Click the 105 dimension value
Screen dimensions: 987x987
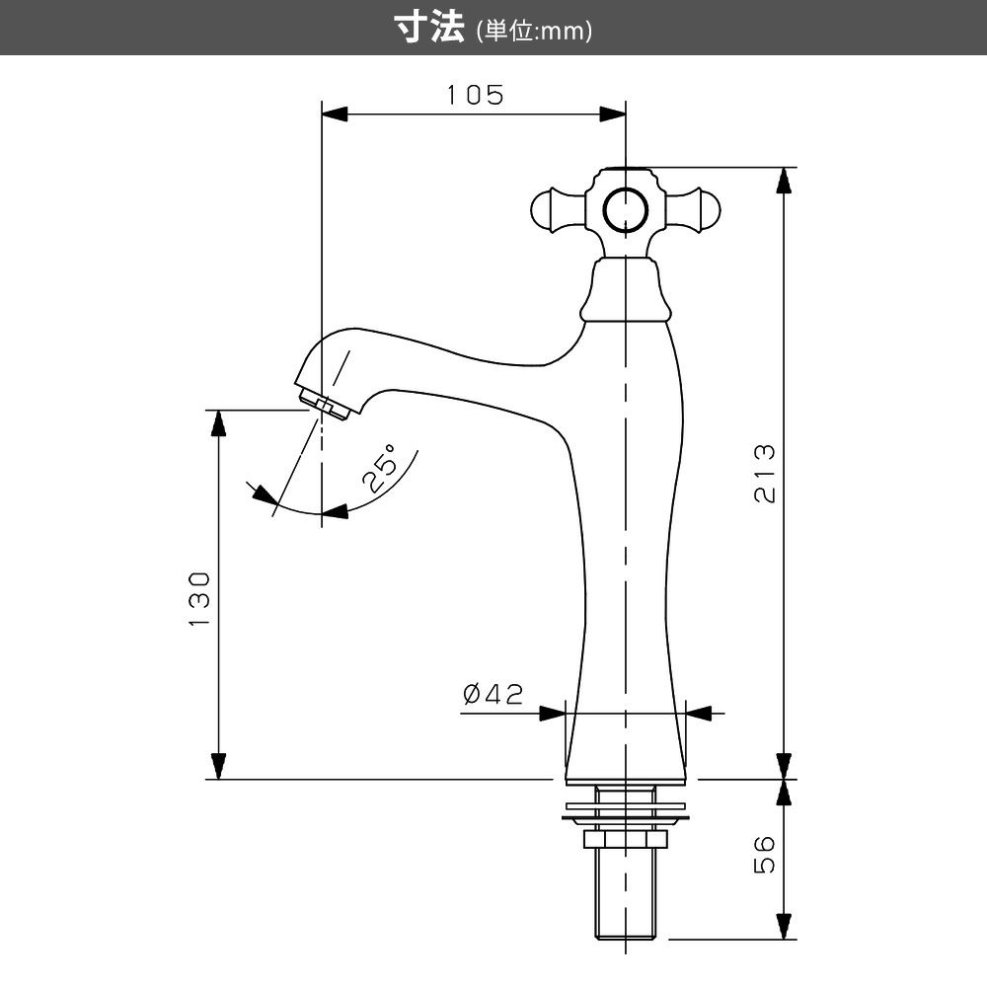(x=476, y=95)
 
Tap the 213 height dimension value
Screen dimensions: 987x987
(x=765, y=473)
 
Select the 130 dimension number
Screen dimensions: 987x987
(x=199, y=599)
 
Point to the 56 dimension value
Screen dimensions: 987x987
(x=765, y=854)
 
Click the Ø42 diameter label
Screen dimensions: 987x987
(x=493, y=694)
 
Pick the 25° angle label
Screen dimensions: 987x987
(x=381, y=467)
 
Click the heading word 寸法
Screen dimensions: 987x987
(x=429, y=28)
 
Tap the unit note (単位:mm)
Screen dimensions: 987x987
(x=534, y=31)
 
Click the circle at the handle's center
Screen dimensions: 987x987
(x=625, y=211)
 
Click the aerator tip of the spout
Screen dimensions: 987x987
(x=324, y=403)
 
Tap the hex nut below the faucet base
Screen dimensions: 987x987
(x=625, y=838)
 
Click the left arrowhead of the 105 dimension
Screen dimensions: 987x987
(x=335, y=114)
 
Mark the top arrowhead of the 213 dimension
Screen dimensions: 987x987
(x=783, y=182)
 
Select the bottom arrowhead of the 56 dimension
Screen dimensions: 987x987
(x=783, y=926)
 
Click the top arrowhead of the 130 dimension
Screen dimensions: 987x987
(x=218, y=423)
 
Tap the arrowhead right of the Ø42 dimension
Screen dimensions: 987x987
(x=699, y=714)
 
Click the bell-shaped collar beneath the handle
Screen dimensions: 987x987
(x=625, y=289)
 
